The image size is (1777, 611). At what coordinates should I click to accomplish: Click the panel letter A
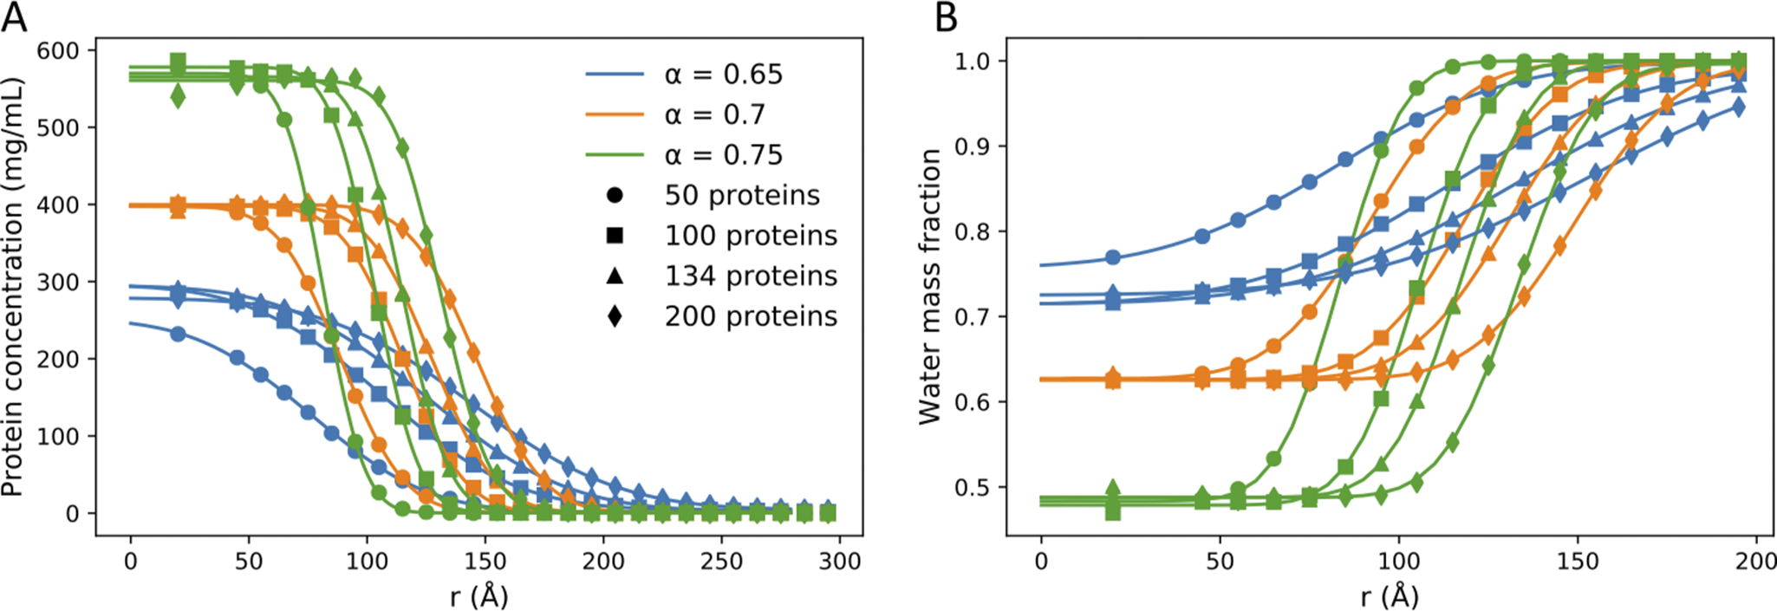[x=14, y=16]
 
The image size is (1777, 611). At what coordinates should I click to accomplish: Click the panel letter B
[x=947, y=16]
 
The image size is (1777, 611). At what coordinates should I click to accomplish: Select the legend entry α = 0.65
[x=723, y=75]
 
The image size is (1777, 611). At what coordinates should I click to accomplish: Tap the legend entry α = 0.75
[x=723, y=155]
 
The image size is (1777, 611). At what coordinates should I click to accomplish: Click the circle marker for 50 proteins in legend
[x=615, y=196]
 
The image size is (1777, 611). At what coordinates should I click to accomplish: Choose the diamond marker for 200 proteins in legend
[x=615, y=316]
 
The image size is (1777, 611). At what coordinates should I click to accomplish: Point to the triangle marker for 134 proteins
[x=615, y=276]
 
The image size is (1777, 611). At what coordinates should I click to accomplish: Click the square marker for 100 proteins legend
[x=615, y=236]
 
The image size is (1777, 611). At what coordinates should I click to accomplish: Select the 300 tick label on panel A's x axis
[x=839, y=562]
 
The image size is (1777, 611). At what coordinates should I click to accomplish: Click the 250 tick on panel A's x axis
[x=721, y=562]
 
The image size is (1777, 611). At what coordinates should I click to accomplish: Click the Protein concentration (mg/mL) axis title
[x=12, y=286]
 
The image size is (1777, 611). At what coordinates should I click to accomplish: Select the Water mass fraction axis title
[x=930, y=286]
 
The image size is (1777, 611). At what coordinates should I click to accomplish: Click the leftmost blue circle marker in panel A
[x=178, y=334]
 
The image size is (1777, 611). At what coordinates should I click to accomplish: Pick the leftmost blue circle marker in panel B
[x=1113, y=257]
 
